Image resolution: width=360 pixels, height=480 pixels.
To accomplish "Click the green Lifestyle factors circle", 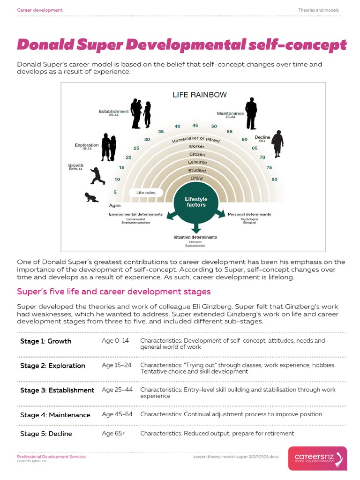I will click(x=196, y=202).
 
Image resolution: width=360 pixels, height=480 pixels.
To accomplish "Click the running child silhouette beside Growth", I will click(x=97, y=176).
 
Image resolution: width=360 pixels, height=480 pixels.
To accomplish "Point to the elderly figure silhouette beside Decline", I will click(x=278, y=144).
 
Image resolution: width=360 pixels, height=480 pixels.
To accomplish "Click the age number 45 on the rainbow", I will click(x=195, y=125).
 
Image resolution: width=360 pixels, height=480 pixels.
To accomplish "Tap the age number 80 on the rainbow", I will click(x=274, y=180).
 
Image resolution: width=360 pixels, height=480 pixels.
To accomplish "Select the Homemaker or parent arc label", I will click(x=196, y=139).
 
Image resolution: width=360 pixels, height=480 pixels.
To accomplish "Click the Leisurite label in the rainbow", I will click(x=197, y=162).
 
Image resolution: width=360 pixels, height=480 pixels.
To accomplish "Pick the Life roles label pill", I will click(x=146, y=193).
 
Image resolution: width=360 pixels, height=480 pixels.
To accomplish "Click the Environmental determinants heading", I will click(x=136, y=214).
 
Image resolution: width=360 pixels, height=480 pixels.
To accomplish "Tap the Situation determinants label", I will click(x=195, y=238).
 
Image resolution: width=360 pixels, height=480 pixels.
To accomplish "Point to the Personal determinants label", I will click(x=249, y=214).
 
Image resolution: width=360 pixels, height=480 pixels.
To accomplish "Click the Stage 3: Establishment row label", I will click(x=57, y=390).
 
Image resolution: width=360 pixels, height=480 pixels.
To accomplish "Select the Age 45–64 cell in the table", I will click(x=117, y=414).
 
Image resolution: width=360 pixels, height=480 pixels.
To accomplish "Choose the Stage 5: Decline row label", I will click(x=46, y=434).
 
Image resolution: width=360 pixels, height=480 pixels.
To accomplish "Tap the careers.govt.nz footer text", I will click(x=32, y=461).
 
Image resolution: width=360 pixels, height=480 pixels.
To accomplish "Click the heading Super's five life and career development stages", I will click(x=114, y=292).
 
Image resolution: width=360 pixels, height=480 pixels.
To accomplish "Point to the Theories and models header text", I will click(x=318, y=10).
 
